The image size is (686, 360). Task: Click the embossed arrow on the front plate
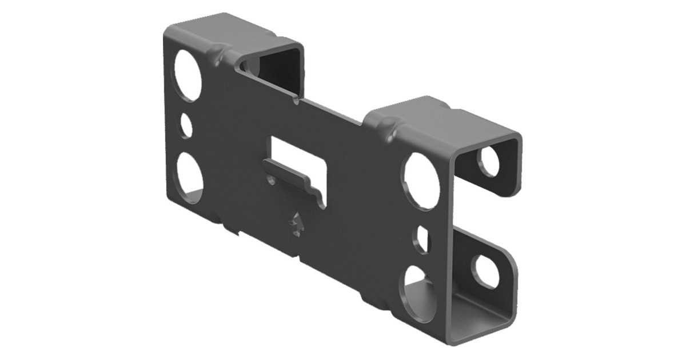296,224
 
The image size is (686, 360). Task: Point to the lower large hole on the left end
189,178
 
